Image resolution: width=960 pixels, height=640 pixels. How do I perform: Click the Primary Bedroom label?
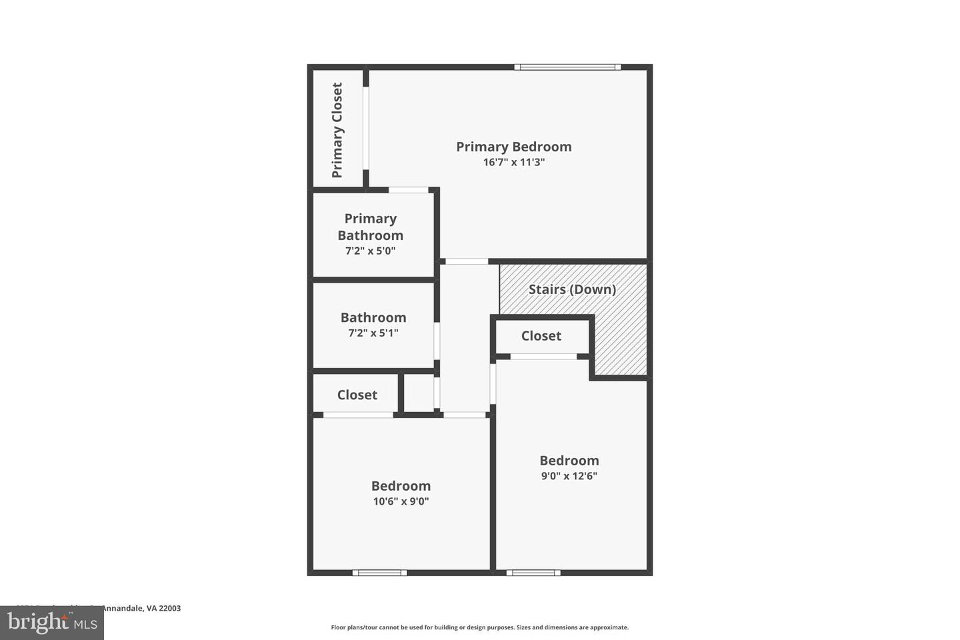pyautogui.click(x=513, y=147)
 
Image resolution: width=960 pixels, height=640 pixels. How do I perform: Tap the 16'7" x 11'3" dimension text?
pyautogui.click(x=513, y=162)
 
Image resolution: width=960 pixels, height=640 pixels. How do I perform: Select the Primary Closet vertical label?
pyautogui.click(x=337, y=130)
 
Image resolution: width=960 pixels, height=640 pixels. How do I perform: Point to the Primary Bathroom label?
pyautogui.click(x=370, y=227)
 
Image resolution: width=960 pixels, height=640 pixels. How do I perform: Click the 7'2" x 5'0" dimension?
pyautogui.click(x=370, y=251)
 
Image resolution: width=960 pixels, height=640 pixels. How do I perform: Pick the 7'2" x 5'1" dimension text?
pyautogui.click(x=373, y=333)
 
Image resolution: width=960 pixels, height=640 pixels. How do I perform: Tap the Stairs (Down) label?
pyautogui.click(x=572, y=289)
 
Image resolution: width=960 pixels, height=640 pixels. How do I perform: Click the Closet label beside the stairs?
pyautogui.click(x=541, y=336)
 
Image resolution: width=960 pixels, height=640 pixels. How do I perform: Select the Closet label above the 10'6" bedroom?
pyautogui.click(x=357, y=395)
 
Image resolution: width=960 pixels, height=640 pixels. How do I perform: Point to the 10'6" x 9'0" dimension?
pyautogui.click(x=401, y=501)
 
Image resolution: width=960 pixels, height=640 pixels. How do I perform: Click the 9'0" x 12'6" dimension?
pyautogui.click(x=569, y=476)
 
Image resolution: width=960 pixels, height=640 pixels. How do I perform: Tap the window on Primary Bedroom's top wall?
pyautogui.click(x=567, y=67)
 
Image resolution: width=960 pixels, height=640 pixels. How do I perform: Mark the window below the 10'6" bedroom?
pyautogui.click(x=379, y=573)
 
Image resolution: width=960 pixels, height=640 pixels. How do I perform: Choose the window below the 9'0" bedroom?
pyautogui.click(x=533, y=573)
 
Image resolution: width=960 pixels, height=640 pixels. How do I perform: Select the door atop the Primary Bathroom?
pyautogui.click(x=408, y=190)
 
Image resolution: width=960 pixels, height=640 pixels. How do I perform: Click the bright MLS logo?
pyautogui.click(x=51, y=623)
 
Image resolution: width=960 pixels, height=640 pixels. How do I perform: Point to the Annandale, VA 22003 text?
pyautogui.click(x=140, y=608)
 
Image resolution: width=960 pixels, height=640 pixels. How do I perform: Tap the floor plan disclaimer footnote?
pyautogui.click(x=479, y=627)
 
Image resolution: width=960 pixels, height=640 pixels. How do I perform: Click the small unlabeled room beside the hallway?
pyautogui.click(x=418, y=393)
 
